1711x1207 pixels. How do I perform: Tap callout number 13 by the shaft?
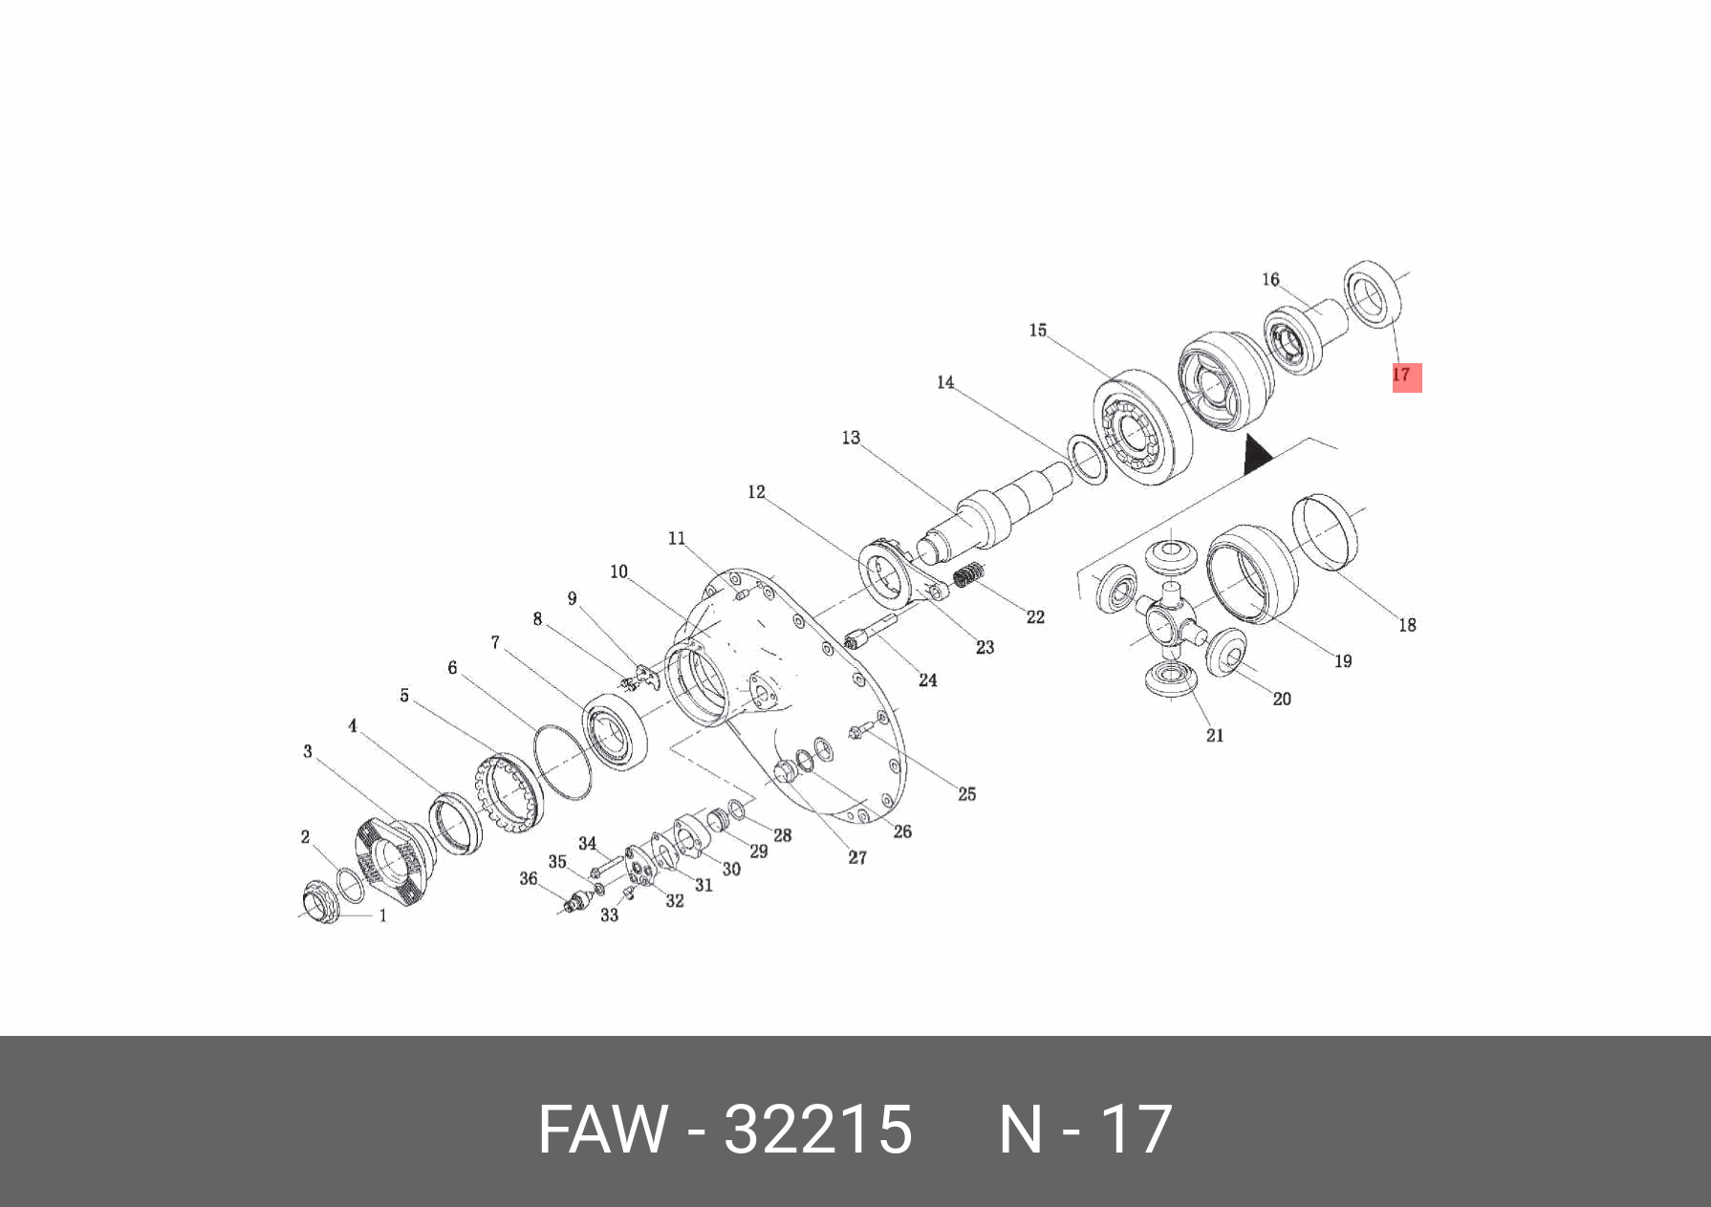[x=851, y=438]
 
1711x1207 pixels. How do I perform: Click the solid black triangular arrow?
[x=1256, y=457]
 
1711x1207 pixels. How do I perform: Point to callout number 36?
[x=529, y=878]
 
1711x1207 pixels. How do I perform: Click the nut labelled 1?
[x=319, y=901]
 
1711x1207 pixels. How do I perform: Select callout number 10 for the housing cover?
[x=618, y=571]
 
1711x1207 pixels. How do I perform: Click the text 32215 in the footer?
[x=817, y=1130]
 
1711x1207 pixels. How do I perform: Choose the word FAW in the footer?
[x=602, y=1130]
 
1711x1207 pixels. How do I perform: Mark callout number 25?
[x=966, y=794]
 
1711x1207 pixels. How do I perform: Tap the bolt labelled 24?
[x=868, y=632]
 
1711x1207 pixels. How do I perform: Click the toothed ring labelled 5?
[x=509, y=791]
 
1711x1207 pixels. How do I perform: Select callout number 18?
[x=1407, y=625]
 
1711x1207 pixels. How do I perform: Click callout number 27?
[x=857, y=857]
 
